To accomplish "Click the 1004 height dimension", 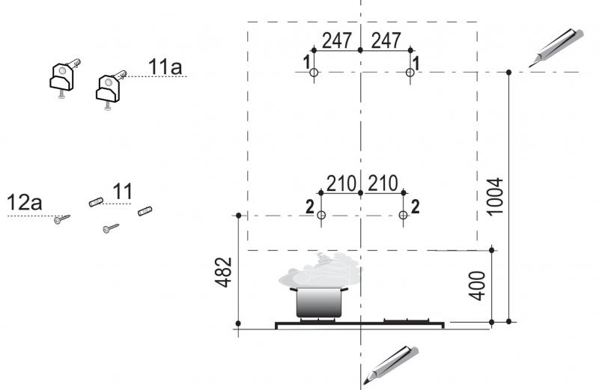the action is click(x=496, y=197).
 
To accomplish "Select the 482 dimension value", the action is click(x=223, y=272).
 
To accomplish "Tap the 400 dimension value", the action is click(x=477, y=286).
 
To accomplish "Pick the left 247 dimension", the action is click(x=336, y=40).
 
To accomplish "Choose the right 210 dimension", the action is click(x=383, y=183).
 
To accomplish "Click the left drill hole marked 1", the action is click(x=314, y=72).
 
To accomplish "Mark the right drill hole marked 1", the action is click(x=410, y=72).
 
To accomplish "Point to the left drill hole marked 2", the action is click(x=321, y=216).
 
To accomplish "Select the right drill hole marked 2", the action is click(x=403, y=216).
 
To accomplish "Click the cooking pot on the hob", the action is click(x=319, y=302).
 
